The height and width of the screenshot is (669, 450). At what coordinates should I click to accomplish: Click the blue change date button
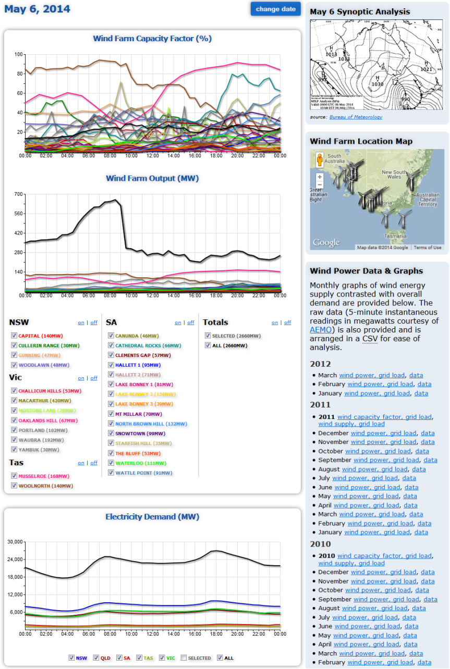(x=275, y=9)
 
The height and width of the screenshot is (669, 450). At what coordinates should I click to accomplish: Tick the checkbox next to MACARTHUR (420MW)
(x=14, y=401)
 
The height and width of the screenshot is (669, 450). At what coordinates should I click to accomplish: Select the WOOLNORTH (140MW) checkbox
(x=14, y=486)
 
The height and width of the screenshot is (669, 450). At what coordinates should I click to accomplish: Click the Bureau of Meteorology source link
(x=356, y=117)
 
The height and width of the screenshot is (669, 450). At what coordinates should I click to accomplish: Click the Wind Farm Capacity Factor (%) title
(x=152, y=39)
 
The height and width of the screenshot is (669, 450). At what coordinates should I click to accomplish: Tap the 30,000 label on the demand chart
(x=15, y=542)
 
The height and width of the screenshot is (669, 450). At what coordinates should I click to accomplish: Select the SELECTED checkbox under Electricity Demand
(x=184, y=658)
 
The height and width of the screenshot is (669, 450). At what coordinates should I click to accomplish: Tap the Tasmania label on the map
(x=395, y=236)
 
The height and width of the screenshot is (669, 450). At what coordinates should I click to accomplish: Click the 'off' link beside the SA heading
(x=190, y=323)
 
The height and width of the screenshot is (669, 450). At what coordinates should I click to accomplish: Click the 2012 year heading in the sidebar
(x=320, y=364)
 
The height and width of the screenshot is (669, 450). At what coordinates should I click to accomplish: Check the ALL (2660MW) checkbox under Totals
(x=208, y=345)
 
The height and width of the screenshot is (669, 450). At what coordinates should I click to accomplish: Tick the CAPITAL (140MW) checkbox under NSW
(x=14, y=336)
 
